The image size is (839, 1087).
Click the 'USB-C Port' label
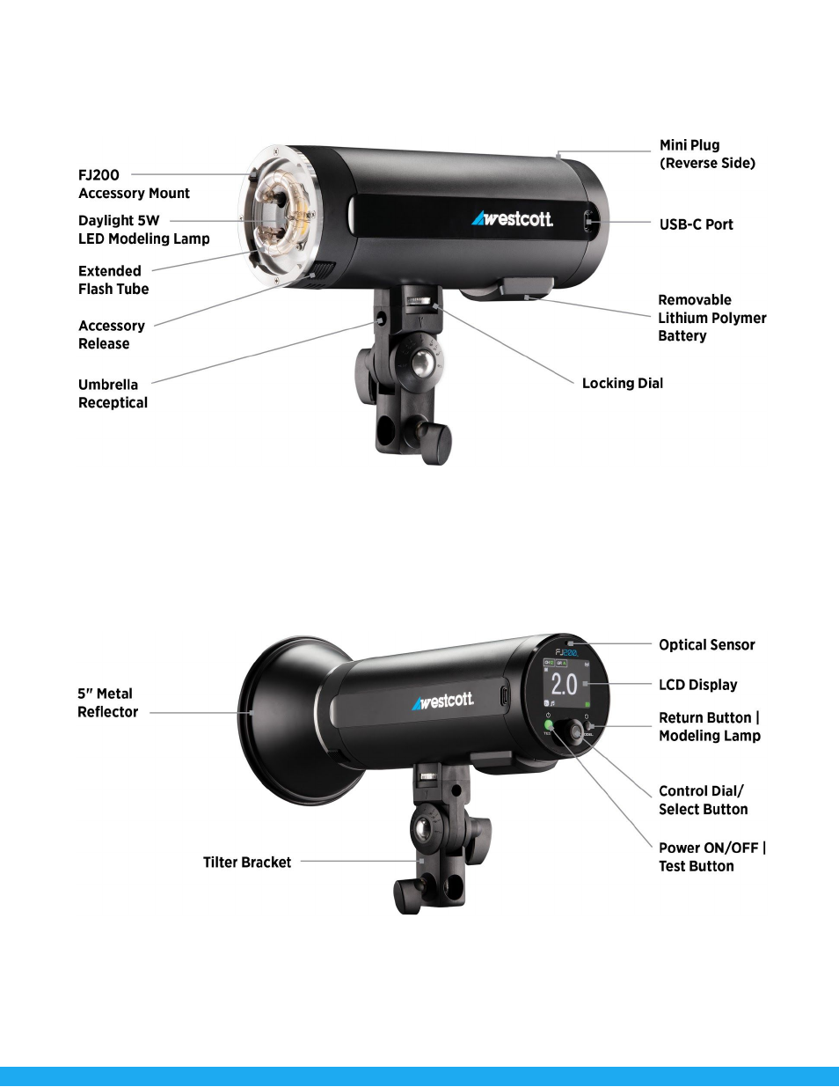click(696, 224)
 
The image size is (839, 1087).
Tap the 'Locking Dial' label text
click(623, 383)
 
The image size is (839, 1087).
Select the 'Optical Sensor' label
click(706, 645)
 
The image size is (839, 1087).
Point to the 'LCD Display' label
click(697, 685)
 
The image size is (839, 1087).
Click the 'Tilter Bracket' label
click(247, 862)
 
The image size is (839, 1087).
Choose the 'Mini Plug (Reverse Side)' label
click(707, 154)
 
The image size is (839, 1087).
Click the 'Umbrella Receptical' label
click(113, 393)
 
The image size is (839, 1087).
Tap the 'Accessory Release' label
click(112, 334)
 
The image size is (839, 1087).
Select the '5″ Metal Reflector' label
click(107, 703)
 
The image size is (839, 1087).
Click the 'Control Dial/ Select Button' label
click(703, 800)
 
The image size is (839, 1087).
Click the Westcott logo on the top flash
click(512, 218)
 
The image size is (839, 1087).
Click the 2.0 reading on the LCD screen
click(564, 684)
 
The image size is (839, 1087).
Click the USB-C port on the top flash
click(588, 220)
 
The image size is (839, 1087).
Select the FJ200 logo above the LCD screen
click(567, 652)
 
